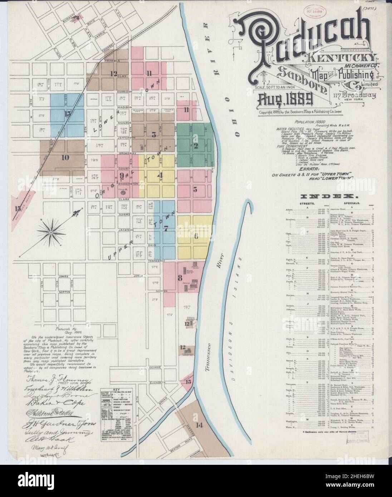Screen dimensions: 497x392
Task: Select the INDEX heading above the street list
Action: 328,197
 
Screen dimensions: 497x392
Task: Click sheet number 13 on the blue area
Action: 67,114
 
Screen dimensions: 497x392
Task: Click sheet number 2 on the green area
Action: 196,145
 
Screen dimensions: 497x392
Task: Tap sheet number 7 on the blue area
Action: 166,229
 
